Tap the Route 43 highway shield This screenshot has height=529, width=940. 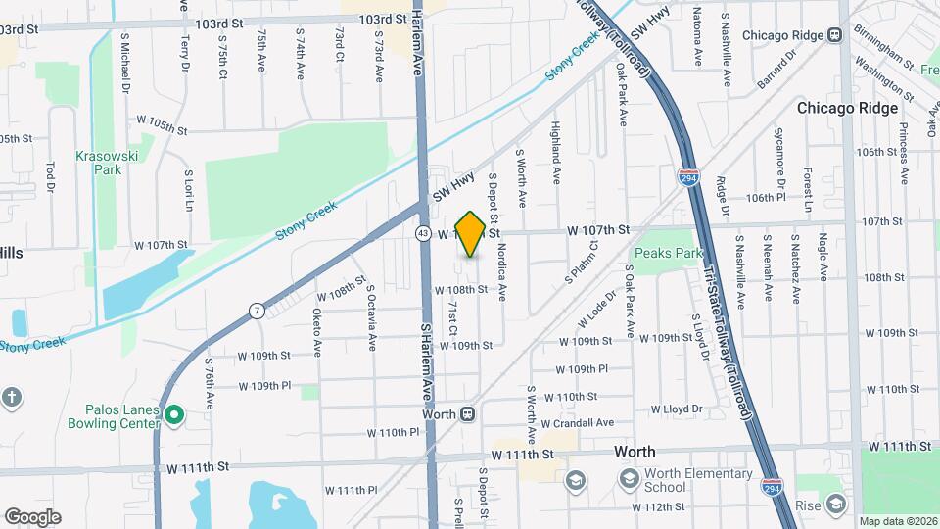422,234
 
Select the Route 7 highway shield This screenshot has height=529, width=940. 256,311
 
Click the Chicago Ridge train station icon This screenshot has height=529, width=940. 835,35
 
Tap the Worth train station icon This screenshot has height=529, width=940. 468,414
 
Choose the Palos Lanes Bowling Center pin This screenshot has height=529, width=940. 174,415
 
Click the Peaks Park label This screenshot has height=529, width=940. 669,253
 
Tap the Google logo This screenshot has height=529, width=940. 31,516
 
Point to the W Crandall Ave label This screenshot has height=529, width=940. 577,423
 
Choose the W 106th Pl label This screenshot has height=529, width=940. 766,197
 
